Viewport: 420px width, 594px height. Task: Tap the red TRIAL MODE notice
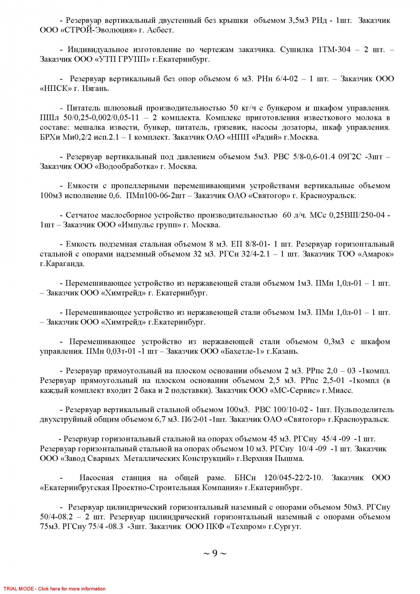(x=55, y=589)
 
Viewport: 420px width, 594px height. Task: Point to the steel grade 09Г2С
(x=350, y=157)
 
